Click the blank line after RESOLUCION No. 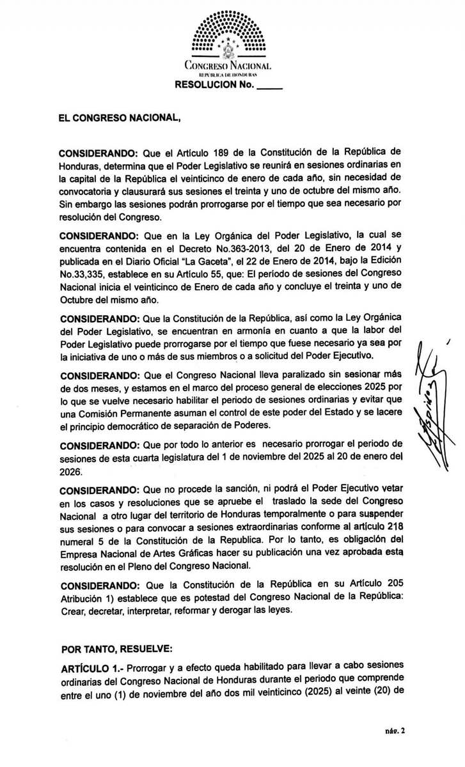pyautogui.click(x=269, y=85)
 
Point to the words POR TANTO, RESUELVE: pyautogui.click(x=116, y=649)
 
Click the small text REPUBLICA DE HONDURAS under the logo pyautogui.click(x=227, y=75)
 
